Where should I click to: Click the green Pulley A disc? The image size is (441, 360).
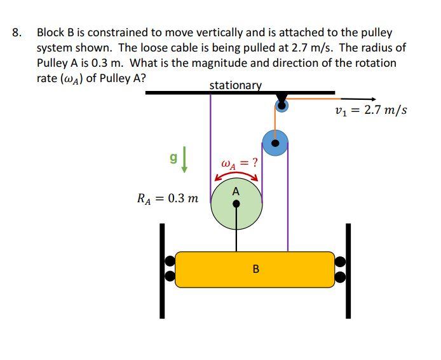coord(224,213)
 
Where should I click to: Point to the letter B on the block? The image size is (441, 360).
coord(255,269)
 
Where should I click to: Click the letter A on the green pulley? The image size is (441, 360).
coord(236,191)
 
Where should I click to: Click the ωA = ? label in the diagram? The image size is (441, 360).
coord(239,162)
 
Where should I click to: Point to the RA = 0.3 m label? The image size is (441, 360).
coord(168,198)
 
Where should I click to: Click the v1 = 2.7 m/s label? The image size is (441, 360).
coord(371,111)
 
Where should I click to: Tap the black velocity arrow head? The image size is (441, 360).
coord(373,99)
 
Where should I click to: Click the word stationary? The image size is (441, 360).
coord(235,85)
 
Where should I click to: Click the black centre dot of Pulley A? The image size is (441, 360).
coord(236,204)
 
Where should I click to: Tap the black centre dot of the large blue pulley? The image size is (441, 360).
coord(275,144)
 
